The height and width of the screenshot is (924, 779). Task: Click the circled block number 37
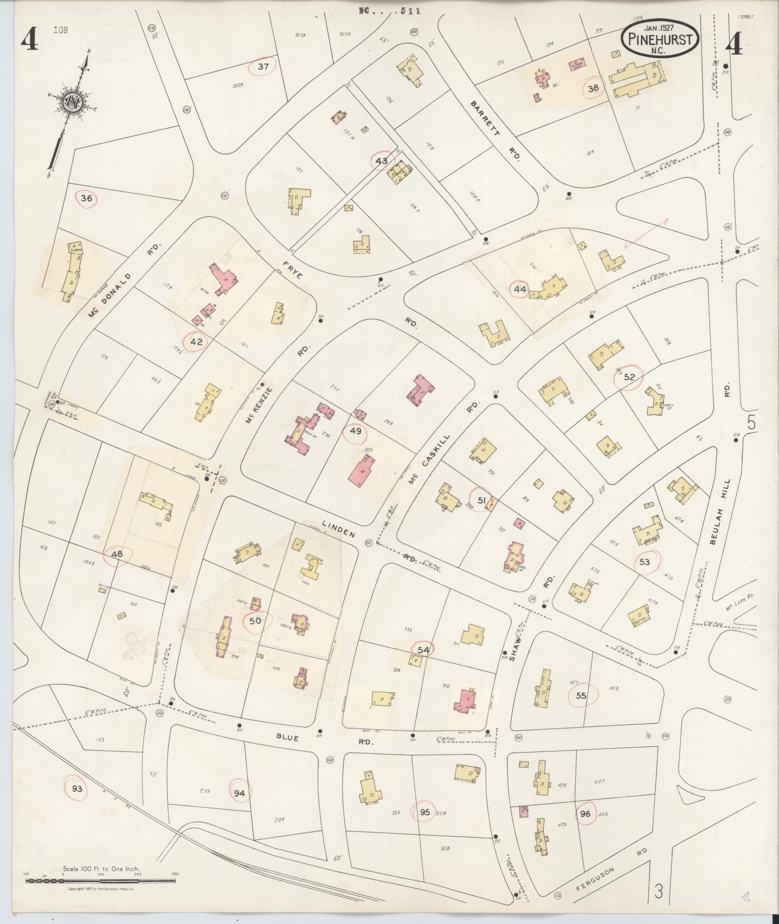(x=262, y=67)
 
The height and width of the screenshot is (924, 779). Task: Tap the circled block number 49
(x=355, y=431)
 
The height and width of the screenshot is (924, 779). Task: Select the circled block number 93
(x=77, y=789)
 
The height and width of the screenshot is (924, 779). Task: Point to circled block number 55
(x=581, y=696)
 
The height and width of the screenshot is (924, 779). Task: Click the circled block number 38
(x=593, y=88)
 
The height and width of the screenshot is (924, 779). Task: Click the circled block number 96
(x=585, y=813)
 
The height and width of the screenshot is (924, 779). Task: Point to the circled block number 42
(x=197, y=341)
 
